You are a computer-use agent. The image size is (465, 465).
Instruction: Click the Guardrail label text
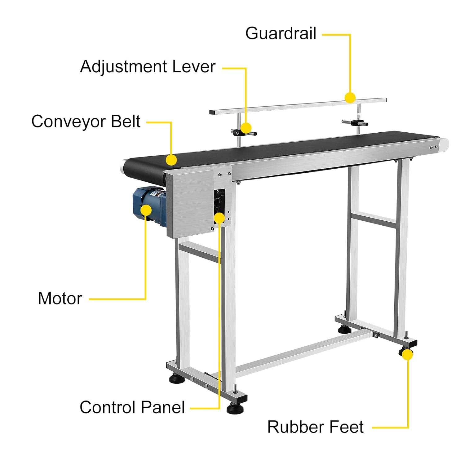tap(281, 33)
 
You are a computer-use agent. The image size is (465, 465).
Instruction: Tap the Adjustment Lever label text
tap(148, 67)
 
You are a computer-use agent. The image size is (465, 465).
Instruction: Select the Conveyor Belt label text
tap(86, 122)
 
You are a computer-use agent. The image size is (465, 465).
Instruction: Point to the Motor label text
tap(60, 299)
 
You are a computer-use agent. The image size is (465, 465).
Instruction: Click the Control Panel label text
tap(132, 407)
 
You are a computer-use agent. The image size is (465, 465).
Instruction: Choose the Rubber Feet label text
tap(315, 427)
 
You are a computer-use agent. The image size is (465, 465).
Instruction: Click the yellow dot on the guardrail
tap(350, 98)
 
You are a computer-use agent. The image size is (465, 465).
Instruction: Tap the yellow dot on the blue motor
tap(146, 210)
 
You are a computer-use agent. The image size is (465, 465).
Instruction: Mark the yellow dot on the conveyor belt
tap(171, 160)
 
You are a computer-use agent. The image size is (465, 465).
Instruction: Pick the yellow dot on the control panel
tap(219, 218)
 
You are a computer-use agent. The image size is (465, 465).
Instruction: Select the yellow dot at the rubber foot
tap(408, 355)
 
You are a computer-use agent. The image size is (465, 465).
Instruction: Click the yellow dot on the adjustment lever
tap(246, 128)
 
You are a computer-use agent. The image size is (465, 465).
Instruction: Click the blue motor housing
tap(149, 206)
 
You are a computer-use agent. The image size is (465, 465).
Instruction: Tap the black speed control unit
tap(219, 206)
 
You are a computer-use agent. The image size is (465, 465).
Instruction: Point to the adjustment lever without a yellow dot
tap(355, 123)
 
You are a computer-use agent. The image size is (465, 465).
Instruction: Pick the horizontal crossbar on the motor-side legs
tap(199, 252)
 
